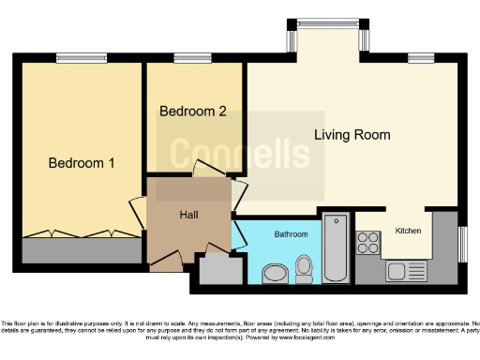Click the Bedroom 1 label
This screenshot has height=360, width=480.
82,163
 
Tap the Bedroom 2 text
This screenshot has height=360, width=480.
193,111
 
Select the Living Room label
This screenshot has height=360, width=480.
352,135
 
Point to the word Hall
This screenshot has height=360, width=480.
188,215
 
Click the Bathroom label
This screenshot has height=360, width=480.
291,233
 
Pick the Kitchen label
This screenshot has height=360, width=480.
408,230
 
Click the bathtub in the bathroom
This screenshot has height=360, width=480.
336,247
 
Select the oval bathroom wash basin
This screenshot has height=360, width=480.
275,273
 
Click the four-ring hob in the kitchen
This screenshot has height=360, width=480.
367,244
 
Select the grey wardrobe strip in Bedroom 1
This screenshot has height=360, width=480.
82,250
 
